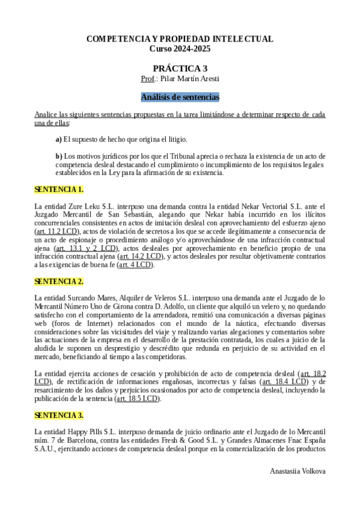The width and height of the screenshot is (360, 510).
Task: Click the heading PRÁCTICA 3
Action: (180, 68)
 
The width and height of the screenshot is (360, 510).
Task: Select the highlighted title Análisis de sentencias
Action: (180, 96)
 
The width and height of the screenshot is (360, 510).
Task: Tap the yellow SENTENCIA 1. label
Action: (59, 189)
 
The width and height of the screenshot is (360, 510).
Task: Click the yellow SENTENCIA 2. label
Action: (59, 281)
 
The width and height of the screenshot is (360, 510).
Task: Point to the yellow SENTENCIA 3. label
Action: (59, 415)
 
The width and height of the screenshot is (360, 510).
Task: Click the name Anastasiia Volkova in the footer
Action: (298, 471)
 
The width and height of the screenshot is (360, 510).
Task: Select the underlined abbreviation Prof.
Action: (147, 79)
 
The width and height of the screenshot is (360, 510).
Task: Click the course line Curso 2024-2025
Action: (180, 48)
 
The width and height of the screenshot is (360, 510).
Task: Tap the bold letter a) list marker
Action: (58, 140)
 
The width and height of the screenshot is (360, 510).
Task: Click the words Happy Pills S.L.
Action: (88, 432)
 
